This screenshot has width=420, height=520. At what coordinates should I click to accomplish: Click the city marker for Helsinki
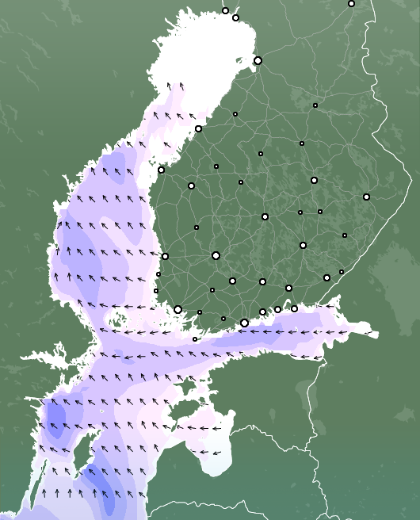pos(244,323)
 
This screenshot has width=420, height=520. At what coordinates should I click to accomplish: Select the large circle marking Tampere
pos(216,255)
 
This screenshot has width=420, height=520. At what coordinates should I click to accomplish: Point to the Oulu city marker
pos(258,60)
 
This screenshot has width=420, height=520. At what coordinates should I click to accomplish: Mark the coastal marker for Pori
pos(165,256)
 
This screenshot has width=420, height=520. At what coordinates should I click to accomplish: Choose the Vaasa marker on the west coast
pos(161,170)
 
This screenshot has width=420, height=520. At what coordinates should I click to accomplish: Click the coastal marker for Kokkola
pos(198,128)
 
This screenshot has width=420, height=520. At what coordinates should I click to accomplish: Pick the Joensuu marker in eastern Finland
pos(366,197)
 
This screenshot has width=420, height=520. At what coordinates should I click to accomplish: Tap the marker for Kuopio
pos(314,180)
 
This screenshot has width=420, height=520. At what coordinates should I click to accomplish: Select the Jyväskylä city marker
pos(265,216)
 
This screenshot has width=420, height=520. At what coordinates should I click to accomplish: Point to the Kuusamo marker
pos(351,3)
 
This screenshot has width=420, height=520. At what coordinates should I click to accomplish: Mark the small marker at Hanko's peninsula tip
pos(195,339)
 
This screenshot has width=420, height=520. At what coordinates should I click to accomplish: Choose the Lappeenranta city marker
pos(326,277)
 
